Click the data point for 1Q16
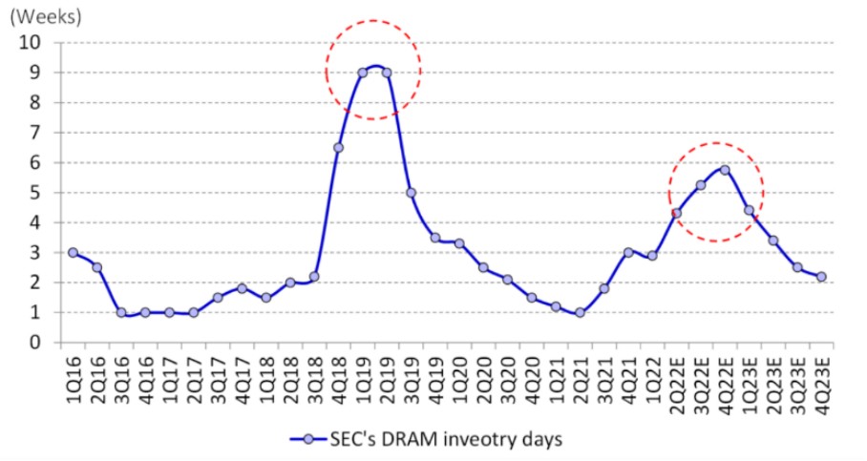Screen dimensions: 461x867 pos(73,252)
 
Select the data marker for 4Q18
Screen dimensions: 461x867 pos(338,147)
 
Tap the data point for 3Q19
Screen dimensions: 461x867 pos(411,192)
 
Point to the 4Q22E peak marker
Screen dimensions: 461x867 pos(725,170)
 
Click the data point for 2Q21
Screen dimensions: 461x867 pos(580,312)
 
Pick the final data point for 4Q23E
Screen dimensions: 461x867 pos(821,276)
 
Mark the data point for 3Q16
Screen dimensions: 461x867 pos(121,312)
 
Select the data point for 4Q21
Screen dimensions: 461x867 pos(628,252)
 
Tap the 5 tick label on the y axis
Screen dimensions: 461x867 pos(38,192)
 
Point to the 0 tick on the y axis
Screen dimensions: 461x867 pos(38,342)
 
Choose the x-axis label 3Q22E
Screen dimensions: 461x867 pos(701,378)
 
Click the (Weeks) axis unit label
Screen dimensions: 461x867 pos(45,17)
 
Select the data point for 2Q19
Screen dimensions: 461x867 pos(387,73)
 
